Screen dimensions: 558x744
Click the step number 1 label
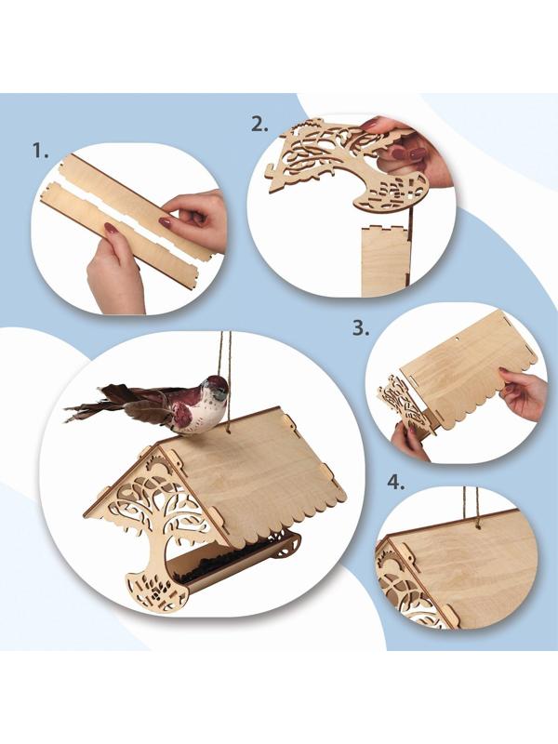[41, 151]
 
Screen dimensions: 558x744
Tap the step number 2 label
[259, 125]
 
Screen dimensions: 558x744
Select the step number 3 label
[361, 328]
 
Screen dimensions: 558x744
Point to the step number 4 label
[396, 483]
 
